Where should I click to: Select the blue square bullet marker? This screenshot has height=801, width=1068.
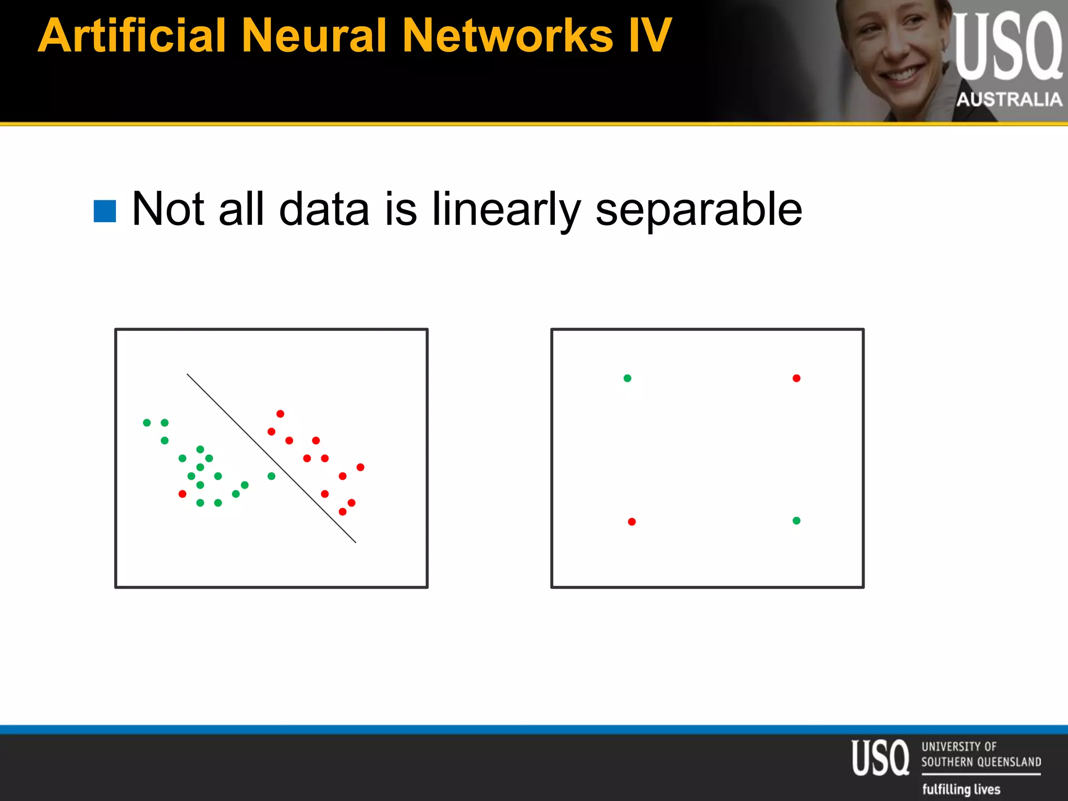[x=105, y=211]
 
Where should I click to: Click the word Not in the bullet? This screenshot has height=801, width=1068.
[x=168, y=209]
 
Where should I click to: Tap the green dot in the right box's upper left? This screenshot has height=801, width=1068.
[x=627, y=378]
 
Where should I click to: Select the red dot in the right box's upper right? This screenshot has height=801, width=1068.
[x=796, y=378]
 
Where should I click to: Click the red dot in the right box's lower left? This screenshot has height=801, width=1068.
[x=632, y=521]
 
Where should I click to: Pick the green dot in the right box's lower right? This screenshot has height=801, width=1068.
[x=796, y=520]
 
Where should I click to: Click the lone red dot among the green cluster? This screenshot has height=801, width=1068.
[x=182, y=494]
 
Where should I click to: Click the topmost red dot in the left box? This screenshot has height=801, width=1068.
[x=280, y=414]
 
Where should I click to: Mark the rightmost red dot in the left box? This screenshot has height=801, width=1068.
[x=360, y=467]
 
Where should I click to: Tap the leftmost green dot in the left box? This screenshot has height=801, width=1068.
[x=147, y=422]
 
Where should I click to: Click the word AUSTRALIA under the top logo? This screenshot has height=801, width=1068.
[x=1009, y=99]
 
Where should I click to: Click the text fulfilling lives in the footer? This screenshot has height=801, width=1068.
[x=961, y=789]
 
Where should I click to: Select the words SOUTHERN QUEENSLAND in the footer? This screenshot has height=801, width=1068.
[x=981, y=762]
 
